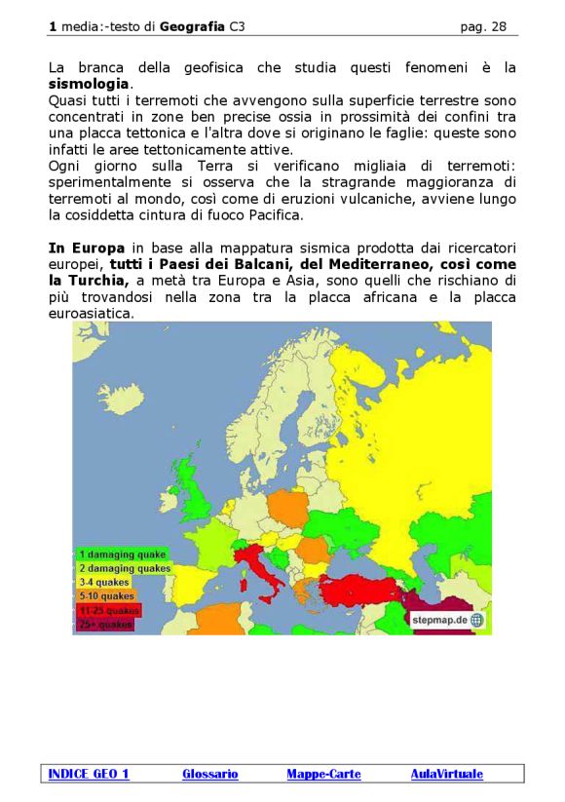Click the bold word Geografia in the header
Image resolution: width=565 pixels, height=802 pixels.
click(193, 27)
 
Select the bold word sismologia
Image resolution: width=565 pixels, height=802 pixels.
click(89, 85)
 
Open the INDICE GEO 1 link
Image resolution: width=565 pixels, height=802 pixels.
click(89, 774)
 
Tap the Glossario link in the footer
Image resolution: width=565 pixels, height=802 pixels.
click(209, 774)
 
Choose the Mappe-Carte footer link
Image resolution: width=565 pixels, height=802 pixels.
click(323, 774)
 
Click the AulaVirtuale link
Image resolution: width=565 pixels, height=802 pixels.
click(446, 774)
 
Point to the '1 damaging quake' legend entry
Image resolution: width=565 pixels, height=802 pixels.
click(121, 554)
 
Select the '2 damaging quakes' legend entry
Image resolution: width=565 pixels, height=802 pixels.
click(124, 568)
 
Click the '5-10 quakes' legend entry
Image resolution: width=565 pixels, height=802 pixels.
click(106, 595)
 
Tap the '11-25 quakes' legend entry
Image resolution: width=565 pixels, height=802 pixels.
click(108, 610)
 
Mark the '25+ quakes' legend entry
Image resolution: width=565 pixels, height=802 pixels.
click(105, 624)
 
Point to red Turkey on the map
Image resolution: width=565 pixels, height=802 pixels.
click(361, 588)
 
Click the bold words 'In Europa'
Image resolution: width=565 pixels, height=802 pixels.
click(86, 248)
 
